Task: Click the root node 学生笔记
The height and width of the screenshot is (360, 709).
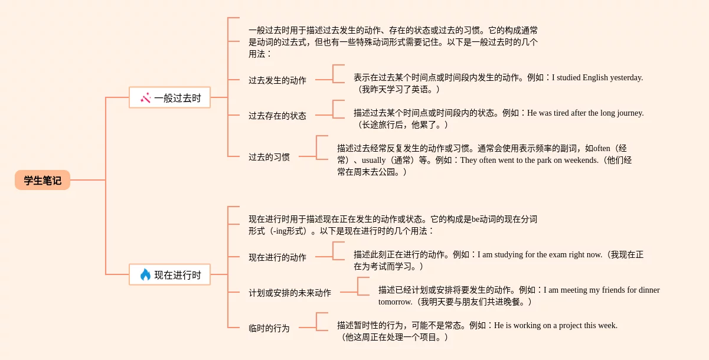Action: [x=43, y=180]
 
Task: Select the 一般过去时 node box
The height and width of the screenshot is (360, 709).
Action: [x=169, y=97]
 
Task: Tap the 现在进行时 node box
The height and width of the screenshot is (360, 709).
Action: [x=169, y=274]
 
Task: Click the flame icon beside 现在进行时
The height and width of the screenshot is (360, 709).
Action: [x=145, y=274]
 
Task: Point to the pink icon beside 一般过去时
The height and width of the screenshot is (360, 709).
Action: [x=145, y=97]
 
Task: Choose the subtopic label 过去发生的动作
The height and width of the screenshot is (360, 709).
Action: [x=277, y=80]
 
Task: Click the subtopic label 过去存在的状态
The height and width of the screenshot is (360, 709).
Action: [x=277, y=116]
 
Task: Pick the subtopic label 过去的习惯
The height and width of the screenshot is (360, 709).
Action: [x=269, y=157]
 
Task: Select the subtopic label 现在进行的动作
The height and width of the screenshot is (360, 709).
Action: [x=277, y=257]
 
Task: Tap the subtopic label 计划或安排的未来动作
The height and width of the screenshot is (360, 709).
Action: [x=289, y=293]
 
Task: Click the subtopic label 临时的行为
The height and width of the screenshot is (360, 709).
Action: [x=269, y=328]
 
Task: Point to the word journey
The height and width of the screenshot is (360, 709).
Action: [x=629, y=113]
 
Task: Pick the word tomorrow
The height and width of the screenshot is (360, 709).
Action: [x=395, y=302]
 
